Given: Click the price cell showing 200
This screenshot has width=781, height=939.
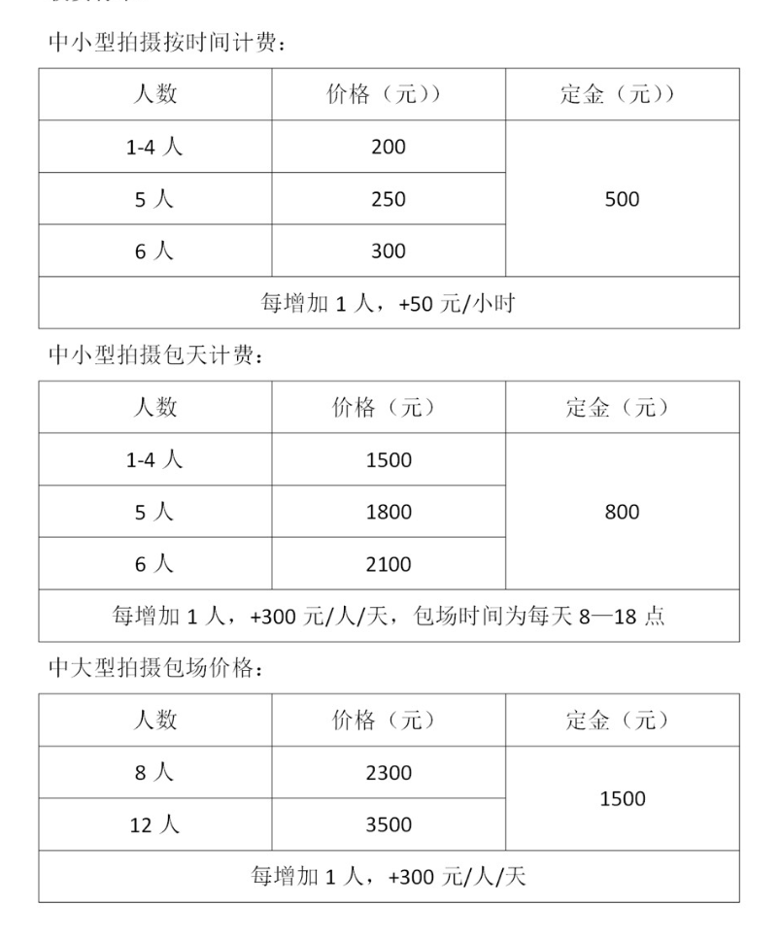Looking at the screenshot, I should [x=388, y=148].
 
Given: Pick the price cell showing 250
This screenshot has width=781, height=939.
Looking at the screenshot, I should [x=388, y=199].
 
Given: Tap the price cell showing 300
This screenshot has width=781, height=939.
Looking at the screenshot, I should [x=388, y=252].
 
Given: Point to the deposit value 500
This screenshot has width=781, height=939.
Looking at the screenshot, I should [x=622, y=199].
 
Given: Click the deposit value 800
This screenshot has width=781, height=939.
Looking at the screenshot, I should [x=622, y=512].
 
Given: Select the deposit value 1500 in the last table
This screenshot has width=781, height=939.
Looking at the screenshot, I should [x=622, y=798].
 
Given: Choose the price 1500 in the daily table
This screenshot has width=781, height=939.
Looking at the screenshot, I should [x=389, y=460].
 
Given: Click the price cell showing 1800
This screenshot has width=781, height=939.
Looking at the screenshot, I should [x=389, y=512].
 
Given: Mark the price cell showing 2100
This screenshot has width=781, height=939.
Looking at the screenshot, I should [x=389, y=564].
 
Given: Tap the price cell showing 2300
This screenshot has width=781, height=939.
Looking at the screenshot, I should [x=389, y=773].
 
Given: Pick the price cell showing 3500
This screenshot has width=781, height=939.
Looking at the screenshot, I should [x=389, y=825].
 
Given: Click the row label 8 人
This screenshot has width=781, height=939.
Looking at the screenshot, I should [x=154, y=773].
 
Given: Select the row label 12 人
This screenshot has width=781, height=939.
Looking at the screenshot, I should [x=154, y=825].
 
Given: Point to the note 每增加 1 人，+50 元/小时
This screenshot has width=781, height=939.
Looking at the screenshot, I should [x=388, y=303].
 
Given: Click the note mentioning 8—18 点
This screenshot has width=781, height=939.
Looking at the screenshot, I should [x=389, y=616].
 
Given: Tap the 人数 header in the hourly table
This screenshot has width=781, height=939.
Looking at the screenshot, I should [x=154, y=95].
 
